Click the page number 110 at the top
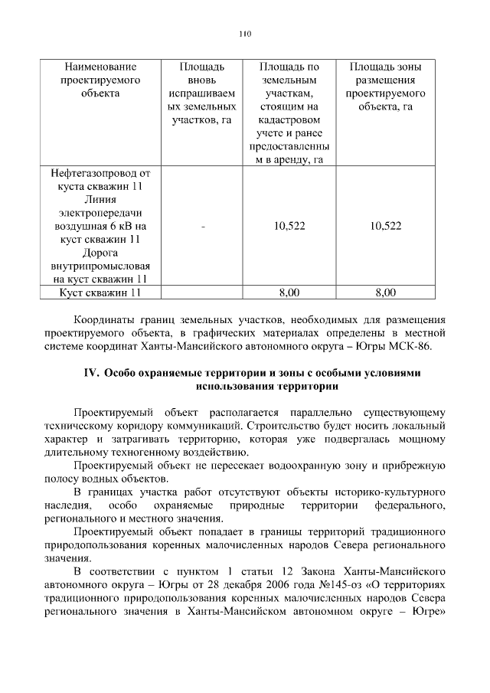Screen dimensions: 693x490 pyautogui.click(x=245, y=34)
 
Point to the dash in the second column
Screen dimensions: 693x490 pyautogui.click(x=202, y=226)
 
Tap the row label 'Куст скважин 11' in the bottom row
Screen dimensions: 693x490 pyautogui.click(x=100, y=293)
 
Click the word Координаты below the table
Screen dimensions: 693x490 pyautogui.click(x=107, y=320)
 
